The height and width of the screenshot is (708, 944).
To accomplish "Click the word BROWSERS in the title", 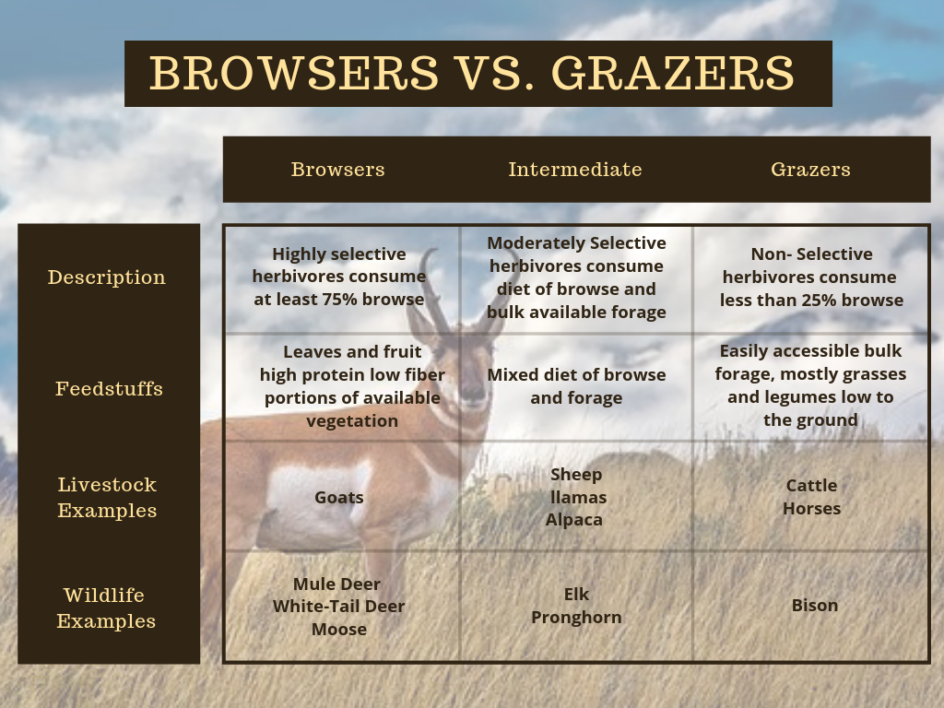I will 293,73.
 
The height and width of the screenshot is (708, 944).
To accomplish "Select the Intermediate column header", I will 575,170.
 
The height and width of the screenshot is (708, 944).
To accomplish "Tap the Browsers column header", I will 337,170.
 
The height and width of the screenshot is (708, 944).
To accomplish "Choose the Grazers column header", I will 810,170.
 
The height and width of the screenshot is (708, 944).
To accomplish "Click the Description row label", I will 107,277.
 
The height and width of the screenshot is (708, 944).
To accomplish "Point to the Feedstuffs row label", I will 109,389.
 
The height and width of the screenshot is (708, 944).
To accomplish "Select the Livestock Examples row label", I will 107,498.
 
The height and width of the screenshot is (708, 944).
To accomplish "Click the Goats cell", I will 339,498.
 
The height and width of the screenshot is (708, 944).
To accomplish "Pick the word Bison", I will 815,606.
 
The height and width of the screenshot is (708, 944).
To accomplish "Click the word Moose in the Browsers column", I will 339,630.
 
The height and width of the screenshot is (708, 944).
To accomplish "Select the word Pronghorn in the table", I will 576,618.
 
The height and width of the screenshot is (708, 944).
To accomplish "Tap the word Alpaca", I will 574,520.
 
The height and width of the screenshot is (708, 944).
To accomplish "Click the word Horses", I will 812,509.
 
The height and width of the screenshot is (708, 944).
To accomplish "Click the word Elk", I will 576,595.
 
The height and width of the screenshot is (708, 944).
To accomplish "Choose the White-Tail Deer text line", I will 339,607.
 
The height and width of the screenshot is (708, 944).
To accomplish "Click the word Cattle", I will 812,486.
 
